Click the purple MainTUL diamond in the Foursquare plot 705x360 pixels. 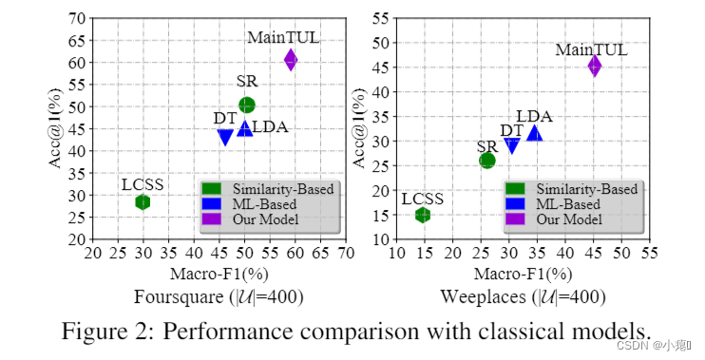coord(291,60)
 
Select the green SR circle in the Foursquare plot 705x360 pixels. coord(247,104)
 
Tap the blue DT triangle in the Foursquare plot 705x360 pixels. coord(225,137)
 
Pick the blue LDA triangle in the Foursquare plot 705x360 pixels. coord(245,128)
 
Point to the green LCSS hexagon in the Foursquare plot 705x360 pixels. coord(143,201)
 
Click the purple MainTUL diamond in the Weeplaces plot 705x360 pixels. coord(594,66)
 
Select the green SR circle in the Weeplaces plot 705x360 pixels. coord(486,161)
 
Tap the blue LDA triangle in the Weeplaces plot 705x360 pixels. coord(535,134)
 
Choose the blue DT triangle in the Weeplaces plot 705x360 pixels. coord(512,145)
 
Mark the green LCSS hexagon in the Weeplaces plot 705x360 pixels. coord(423,215)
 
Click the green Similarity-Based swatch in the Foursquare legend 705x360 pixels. coord(213,189)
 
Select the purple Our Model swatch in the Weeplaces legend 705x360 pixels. coord(518,219)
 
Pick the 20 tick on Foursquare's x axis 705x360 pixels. coord(92,254)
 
